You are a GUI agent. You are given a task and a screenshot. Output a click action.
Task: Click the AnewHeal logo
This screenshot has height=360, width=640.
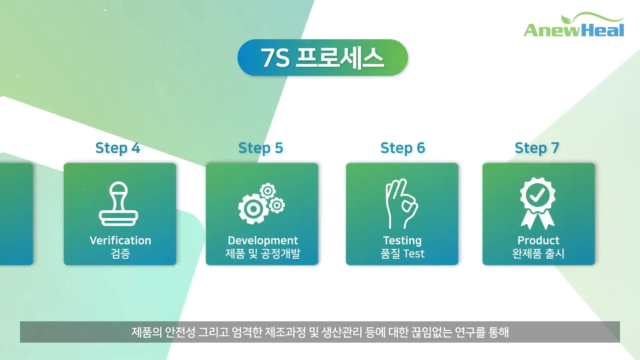[x=574, y=25]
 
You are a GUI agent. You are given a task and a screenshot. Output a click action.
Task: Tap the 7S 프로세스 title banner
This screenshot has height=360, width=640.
[x=323, y=58]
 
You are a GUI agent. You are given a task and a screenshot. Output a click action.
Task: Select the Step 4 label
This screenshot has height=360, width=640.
[x=118, y=148]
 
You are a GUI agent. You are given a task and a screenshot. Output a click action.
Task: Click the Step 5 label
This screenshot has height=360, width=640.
[x=261, y=148]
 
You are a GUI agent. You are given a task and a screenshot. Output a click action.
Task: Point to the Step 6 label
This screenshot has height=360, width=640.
[x=403, y=148]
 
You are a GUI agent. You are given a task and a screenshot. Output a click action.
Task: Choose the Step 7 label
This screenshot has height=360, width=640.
[x=537, y=148]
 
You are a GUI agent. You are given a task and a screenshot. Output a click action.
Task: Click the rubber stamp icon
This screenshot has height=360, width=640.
[x=119, y=204]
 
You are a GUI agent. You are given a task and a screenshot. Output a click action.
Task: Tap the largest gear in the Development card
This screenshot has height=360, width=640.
[x=253, y=209]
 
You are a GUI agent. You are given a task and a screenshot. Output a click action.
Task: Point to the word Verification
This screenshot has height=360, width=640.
[x=120, y=240]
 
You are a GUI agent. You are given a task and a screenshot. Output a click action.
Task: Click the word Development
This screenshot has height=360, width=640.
[x=263, y=240]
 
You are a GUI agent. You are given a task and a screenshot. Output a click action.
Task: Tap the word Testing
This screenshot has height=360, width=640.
[x=402, y=241]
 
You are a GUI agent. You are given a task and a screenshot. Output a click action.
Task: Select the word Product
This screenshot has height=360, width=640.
[x=538, y=240]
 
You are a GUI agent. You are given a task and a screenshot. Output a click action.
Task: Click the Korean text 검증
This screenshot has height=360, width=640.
[x=120, y=254]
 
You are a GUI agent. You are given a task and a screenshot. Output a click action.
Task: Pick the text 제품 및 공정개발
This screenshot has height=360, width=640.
[x=263, y=254]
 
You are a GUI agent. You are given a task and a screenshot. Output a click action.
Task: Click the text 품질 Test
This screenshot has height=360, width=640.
[x=402, y=254]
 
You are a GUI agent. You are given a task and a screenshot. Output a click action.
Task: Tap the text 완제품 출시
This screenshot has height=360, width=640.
[x=538, y=254]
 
